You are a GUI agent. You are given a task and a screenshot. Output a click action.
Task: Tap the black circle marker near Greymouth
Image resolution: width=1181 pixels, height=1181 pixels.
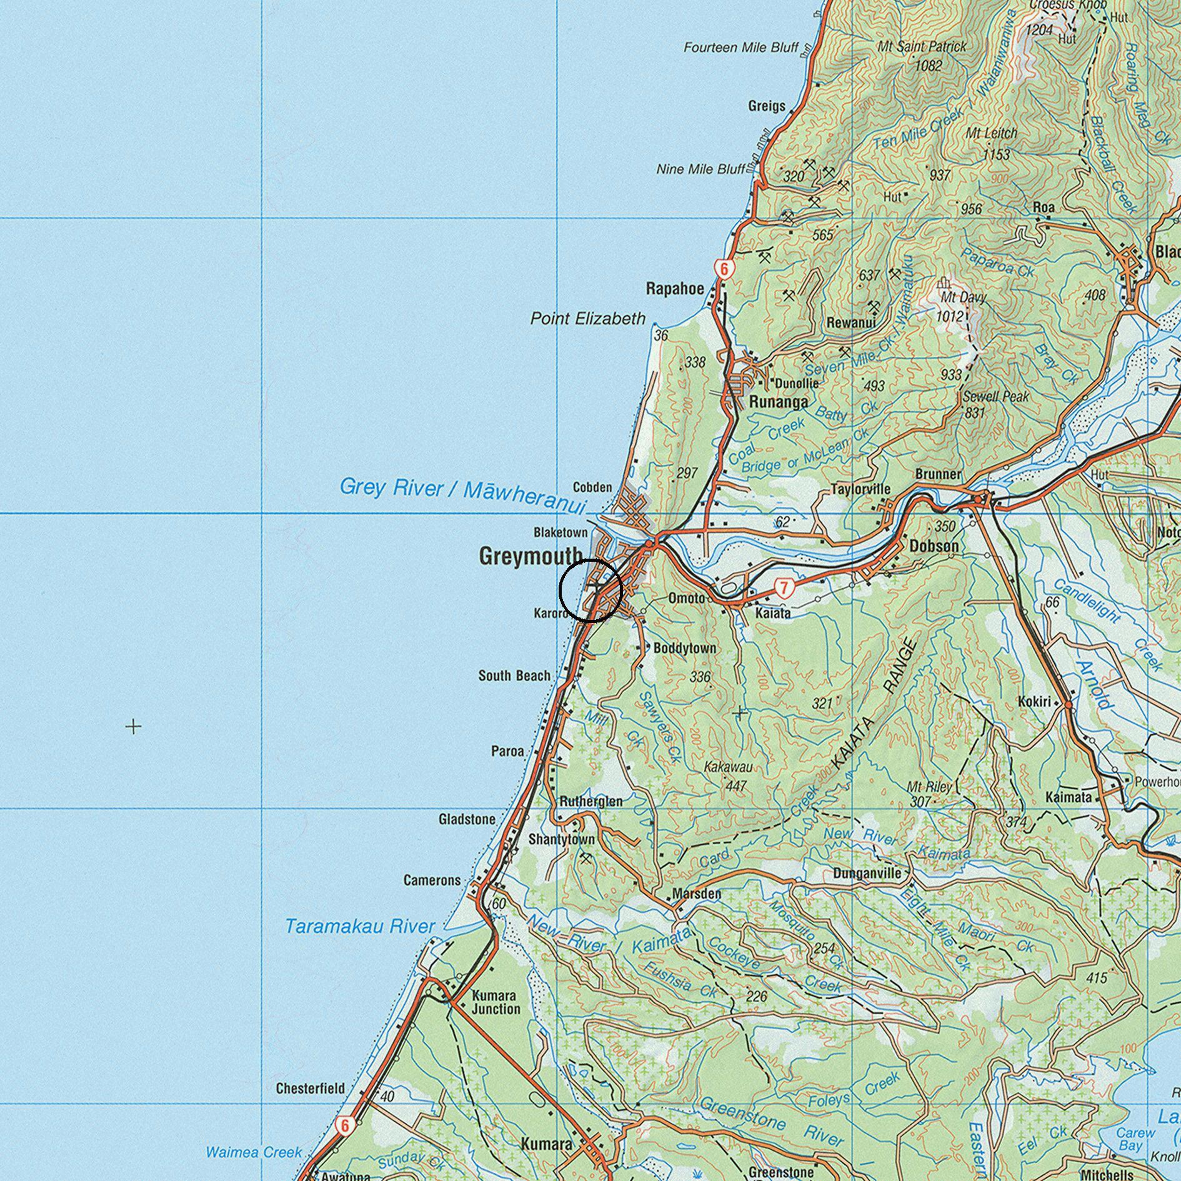[x=590, y=590]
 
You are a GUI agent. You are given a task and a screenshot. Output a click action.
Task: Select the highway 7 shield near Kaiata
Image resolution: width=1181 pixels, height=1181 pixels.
[x=784, y=587]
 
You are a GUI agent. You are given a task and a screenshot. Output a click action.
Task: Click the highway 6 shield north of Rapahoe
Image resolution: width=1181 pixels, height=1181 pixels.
[x=724, y=269]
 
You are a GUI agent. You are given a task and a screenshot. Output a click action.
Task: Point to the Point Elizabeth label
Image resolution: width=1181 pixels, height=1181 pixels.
[x=587, y=319]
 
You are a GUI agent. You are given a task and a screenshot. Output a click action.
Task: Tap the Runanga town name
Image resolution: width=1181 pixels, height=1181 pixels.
[x=779, y=402]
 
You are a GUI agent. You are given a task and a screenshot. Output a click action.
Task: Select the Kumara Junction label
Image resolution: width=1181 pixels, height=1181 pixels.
[x=496, y=1002]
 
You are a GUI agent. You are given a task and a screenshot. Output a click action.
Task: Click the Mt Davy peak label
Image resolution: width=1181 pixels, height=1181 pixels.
[x=963, y=297]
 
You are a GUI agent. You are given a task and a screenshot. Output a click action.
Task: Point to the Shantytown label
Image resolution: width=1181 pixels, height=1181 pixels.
[x=562, y=839]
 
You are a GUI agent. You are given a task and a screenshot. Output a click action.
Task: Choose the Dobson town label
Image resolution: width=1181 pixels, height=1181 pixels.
[x=934, y=546]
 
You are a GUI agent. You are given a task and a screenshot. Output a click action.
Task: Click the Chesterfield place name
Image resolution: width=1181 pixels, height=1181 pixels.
[x=310, y=1089]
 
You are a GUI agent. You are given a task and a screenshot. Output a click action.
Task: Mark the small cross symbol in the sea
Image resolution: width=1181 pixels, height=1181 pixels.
[x=133, y=726]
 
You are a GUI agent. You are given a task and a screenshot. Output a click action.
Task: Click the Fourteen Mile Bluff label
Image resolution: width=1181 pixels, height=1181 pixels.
[x=740, y=47]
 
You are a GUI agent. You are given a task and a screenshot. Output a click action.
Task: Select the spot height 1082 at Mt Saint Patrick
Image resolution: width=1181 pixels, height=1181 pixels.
[x=928, y=65]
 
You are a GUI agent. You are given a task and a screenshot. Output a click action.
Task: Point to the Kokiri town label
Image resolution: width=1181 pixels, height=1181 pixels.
[x=1034, y=702]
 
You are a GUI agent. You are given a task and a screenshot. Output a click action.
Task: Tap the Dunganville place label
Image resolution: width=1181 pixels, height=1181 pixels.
[x=867, y=873]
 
